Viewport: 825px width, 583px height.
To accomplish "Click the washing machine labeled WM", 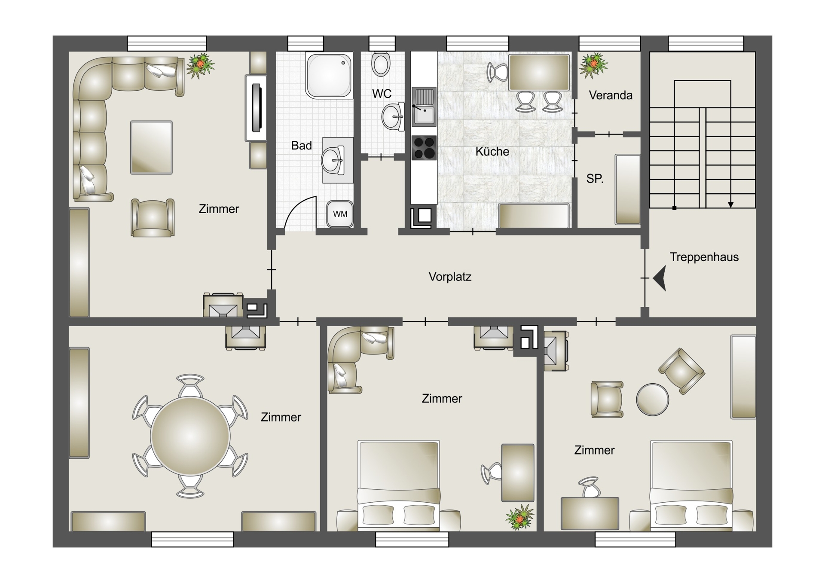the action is pos(340,214).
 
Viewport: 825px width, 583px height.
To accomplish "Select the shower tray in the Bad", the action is pos(329,75).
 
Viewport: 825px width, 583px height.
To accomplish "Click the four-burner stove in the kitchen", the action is pos(424,148).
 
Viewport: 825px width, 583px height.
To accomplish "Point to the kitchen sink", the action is pos(424,107).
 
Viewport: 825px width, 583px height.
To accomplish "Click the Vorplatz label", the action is pos(450,277).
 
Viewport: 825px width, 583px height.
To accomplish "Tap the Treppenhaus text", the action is pos(704,257).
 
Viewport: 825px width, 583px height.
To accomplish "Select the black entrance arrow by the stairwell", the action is pos(660,278).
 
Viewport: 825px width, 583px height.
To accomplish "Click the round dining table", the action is pos(190,436).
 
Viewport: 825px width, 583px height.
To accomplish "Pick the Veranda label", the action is pos(611,95).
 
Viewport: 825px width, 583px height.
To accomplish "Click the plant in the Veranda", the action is pos(593,65).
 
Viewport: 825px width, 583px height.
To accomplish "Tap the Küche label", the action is pos(492,152).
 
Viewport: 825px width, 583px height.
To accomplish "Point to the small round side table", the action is pos(652,400).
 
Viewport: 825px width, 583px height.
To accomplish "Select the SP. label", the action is pos(595,179).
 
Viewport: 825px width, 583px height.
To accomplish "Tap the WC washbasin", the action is pos(393,116).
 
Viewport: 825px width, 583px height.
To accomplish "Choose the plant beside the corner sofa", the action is pos(200,65).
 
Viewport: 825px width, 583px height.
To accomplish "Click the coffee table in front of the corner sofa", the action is pos(151,147).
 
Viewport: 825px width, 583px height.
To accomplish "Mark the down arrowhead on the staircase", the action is pos(730,205).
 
